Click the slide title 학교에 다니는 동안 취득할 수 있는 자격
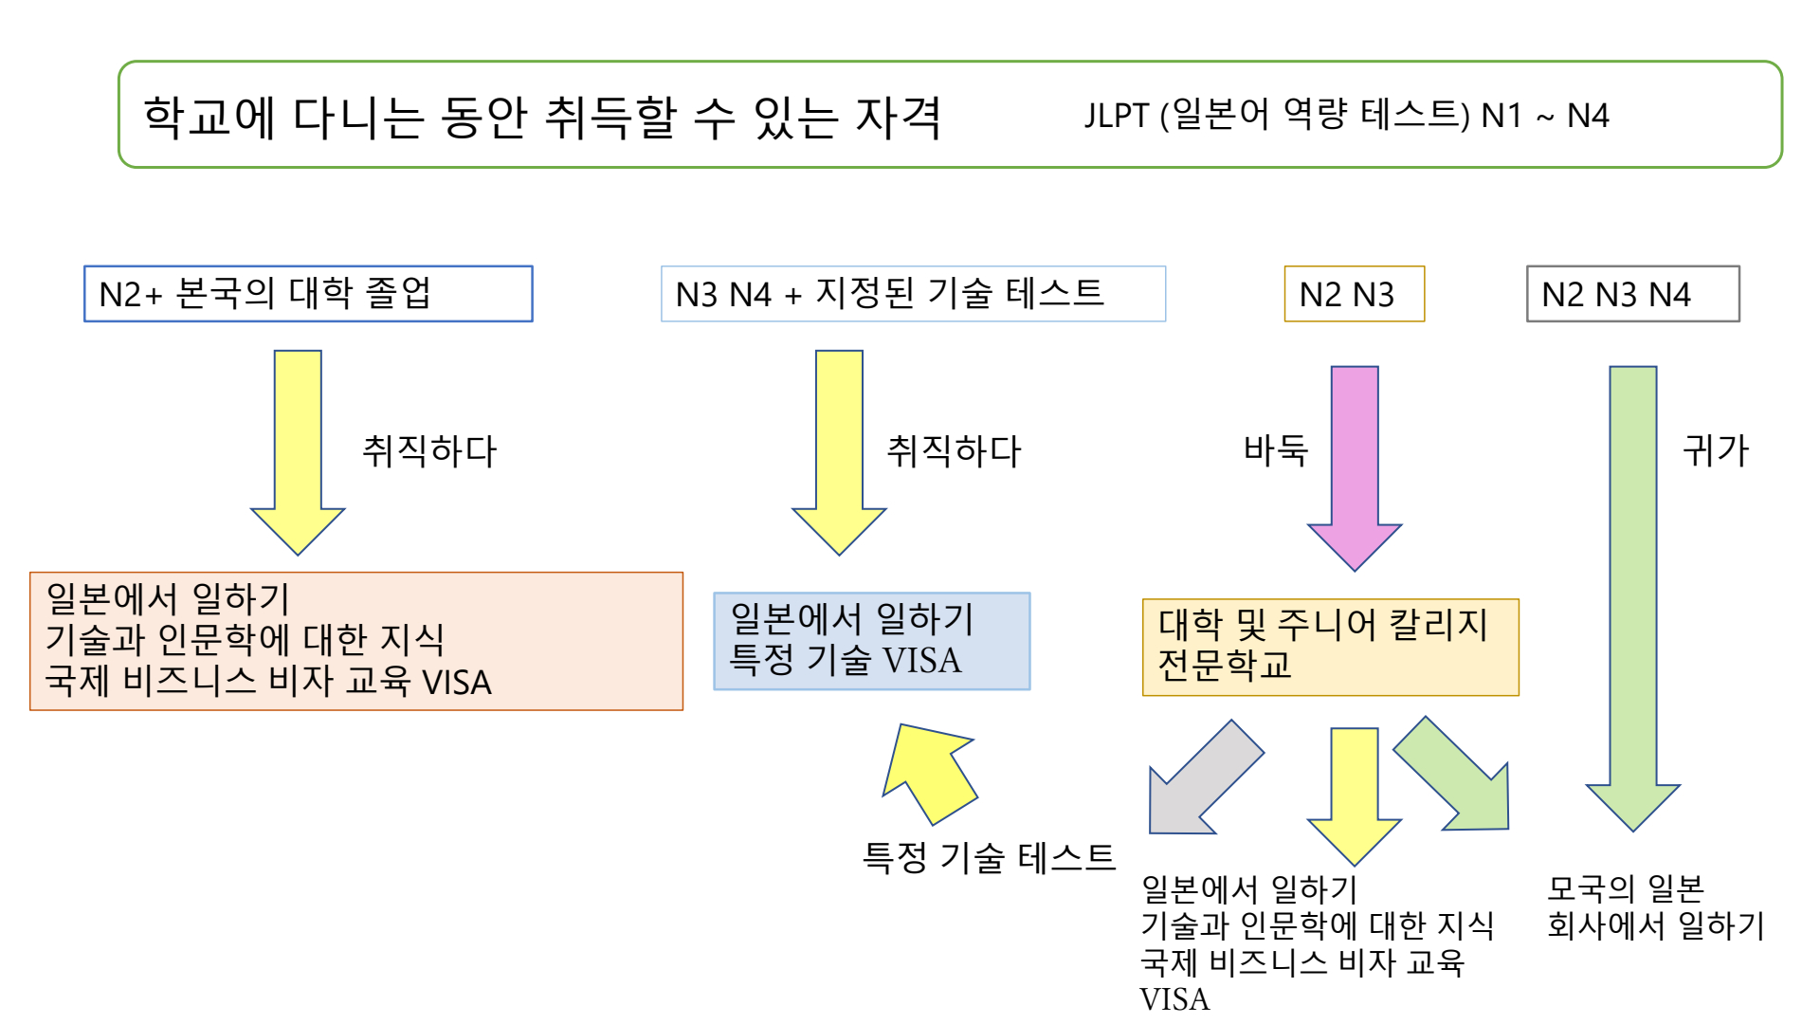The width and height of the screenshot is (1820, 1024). coord(542,118)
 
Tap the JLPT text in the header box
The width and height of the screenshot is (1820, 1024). coord(1346,116)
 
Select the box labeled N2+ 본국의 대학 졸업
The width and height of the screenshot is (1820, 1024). coord(308,294)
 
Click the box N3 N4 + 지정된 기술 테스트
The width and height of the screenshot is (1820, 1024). coord(913,294)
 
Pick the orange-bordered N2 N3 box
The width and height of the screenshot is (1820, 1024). coord(1354,294)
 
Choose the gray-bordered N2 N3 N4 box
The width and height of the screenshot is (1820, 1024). coord(1632,294)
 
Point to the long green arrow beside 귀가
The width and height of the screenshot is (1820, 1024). coord(1633,588)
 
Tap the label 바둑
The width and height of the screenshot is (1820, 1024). coord(1275,450)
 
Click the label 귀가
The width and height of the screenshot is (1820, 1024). coord(1715,450)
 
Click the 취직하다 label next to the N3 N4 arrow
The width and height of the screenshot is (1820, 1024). coord(954,450)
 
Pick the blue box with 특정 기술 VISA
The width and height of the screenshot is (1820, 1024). coord(871,641)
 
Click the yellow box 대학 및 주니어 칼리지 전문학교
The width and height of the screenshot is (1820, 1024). coord(1330,647)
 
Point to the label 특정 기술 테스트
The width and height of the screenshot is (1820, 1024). coord(989,857)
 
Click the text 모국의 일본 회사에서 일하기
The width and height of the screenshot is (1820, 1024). coord(1655,906)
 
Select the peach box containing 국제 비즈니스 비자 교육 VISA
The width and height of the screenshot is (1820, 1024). coord(355,641)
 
